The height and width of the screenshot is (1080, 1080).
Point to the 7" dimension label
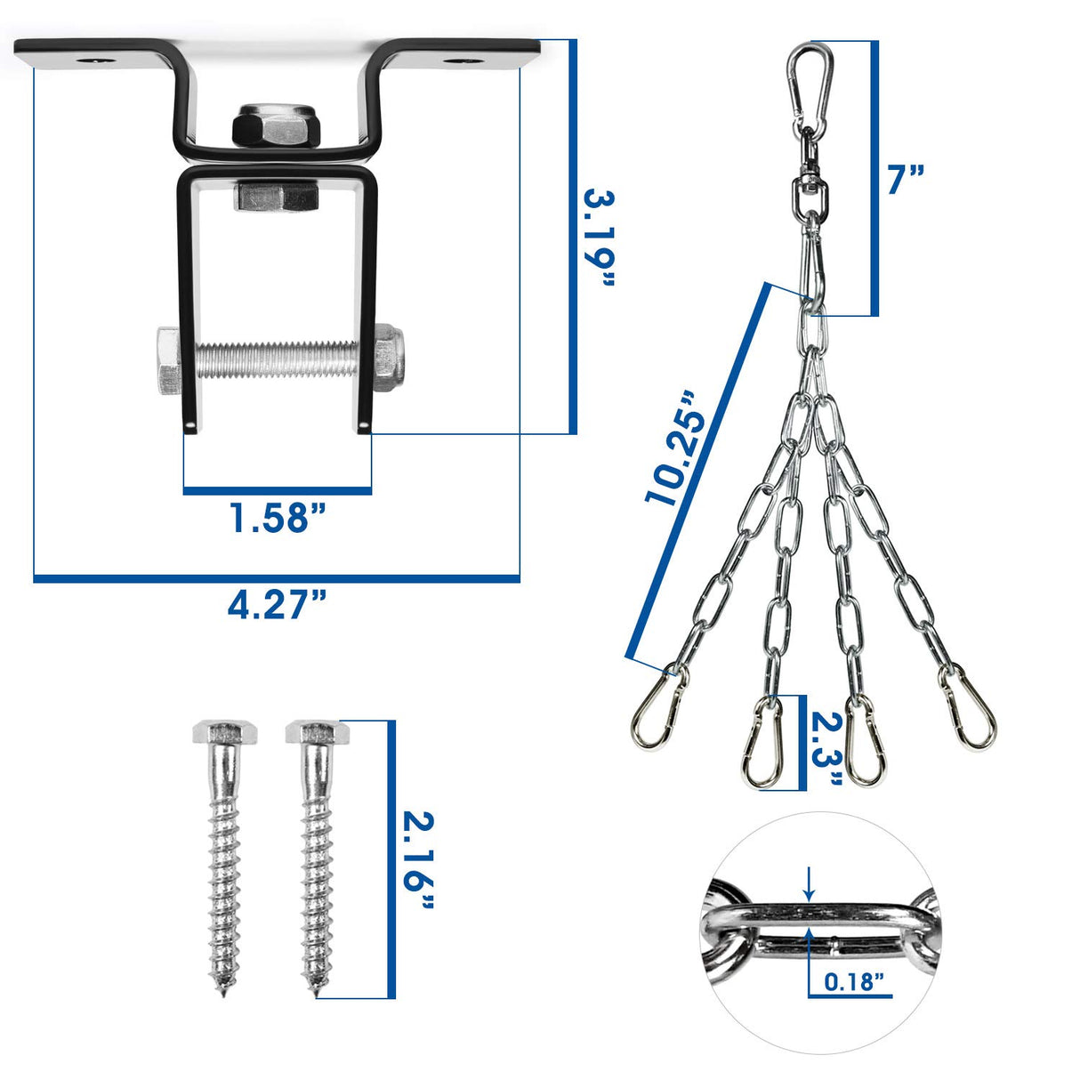[x=906, y=180]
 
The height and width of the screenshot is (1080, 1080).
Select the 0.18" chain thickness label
[x=854, y=982]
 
